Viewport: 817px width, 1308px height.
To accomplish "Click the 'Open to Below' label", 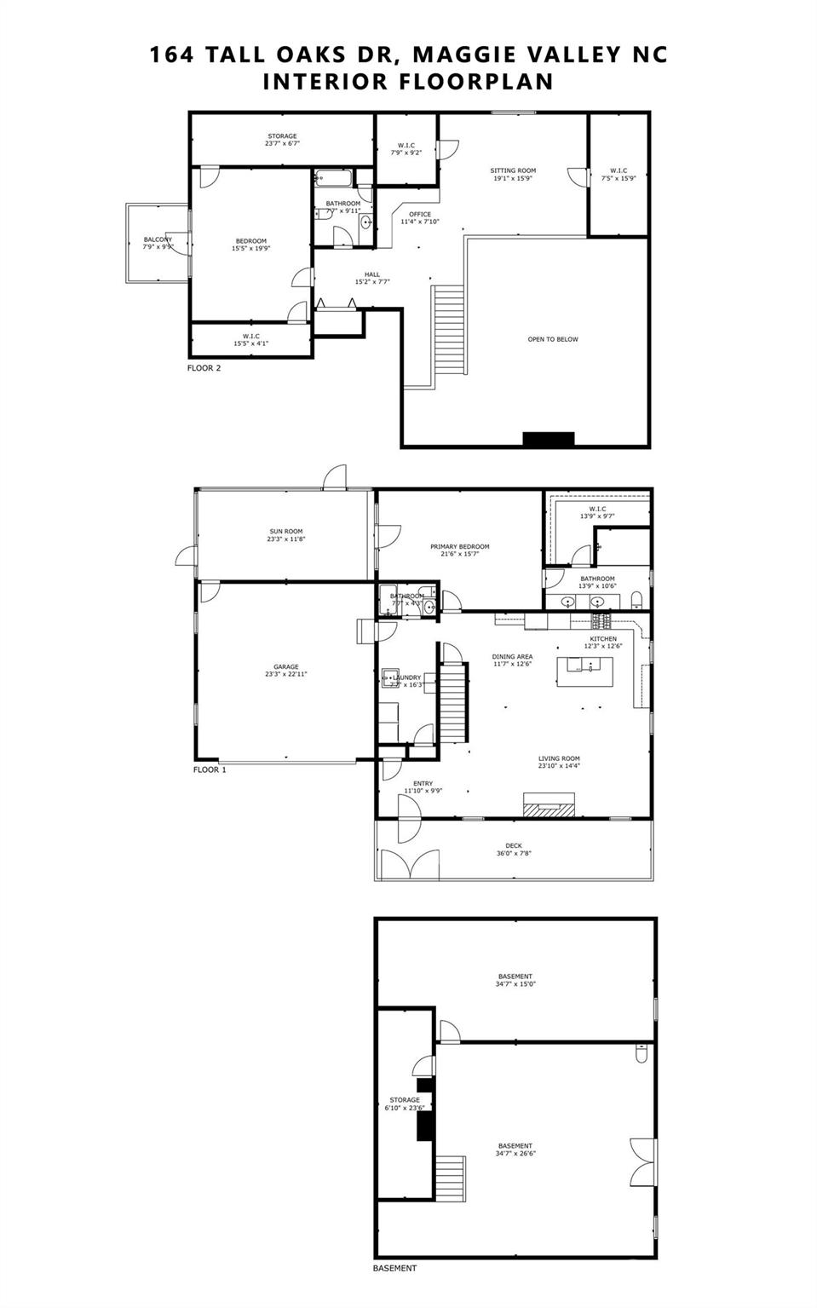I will pyautogui.click(x=553, y=339).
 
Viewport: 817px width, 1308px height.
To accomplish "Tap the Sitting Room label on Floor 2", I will pyautogui.click(x=513, y=170).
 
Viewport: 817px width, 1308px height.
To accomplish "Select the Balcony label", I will pyautogui.click(x=158, y=239).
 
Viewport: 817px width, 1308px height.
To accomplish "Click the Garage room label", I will pyautogui.click(x=286, y=667).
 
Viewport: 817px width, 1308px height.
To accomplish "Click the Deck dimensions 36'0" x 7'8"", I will pyautogui.click(x=514, y=853).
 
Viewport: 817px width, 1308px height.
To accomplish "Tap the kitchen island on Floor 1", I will pyautogui.click(x=591, y=665).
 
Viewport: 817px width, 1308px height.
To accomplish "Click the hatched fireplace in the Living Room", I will pyautogui.click(x=549, y=804).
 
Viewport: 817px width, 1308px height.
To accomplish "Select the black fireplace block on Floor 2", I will pyautogui.click(x=549, y=439).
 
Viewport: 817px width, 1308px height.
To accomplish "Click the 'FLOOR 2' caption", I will pyautogui.click(x=204, y=368).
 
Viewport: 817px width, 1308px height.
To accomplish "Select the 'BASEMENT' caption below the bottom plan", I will pyautogui.click(x=395, y=1268).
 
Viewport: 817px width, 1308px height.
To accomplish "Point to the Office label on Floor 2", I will pyautogui.click(x=420, y=215).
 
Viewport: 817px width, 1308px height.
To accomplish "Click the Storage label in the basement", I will pyautogui.click(x=405, y=1100).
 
